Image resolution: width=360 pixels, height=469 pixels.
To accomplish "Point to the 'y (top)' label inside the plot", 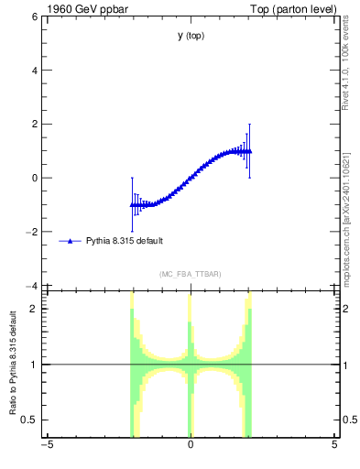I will coord(191,36).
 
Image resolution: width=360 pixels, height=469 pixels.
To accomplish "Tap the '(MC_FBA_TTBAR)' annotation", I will coord(191,274).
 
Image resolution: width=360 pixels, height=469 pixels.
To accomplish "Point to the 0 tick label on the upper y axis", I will coord(32,179).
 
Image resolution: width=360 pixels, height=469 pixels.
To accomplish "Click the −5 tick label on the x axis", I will coord(46,446).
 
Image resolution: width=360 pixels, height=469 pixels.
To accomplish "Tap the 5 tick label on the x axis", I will coord(334,446).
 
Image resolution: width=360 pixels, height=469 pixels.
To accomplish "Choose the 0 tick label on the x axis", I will coord(191,446).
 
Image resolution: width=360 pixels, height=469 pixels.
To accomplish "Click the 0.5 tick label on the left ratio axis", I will coord(27,420).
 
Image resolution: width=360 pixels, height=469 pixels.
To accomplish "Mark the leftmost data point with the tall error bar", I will coord(132,204).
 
